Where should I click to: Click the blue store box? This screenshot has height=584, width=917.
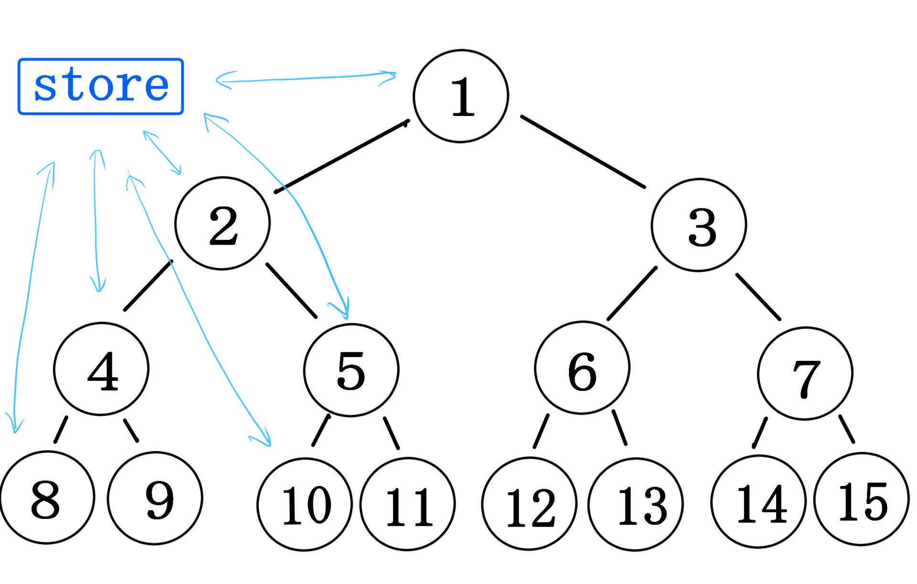pos(101,87)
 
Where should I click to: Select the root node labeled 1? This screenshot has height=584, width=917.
pos(461,96)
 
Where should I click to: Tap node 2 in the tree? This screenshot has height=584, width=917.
pos(223,224)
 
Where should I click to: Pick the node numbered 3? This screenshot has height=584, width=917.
pos(699,225)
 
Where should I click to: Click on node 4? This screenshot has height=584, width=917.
pos(101,369)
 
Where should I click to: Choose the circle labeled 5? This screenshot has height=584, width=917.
pos(351,370)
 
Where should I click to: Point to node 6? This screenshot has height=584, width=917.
pos(582,368)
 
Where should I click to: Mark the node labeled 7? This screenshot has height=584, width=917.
pos(805,373)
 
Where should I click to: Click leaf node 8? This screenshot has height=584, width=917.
pos(47,497)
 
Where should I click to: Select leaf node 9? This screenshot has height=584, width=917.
pos(155,498)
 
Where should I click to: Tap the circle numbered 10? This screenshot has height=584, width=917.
pos(305,504)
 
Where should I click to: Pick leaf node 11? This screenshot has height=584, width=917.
pos(408,504)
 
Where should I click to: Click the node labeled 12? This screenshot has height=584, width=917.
pos(529,504)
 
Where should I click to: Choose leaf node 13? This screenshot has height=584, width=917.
pos(636,505)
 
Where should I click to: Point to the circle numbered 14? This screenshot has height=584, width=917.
pos(758,501)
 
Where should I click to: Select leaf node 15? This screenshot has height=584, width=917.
pos(862,499)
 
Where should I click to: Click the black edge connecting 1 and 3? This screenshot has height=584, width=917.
pos(583,151)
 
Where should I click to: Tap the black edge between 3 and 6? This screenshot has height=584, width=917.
pos(632,293)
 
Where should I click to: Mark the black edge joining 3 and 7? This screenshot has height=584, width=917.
pos(758,297)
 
